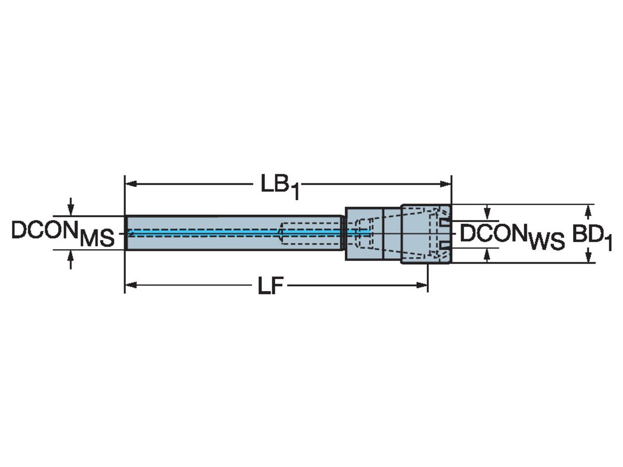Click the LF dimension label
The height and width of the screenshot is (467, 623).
[x=270, y=285]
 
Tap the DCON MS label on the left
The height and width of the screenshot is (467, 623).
[x=63, y=234]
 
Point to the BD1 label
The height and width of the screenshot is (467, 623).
[x=592, y=237]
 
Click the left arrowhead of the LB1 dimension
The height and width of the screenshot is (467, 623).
[x=131, y=184]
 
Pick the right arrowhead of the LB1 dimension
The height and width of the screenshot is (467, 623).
[x=445, y=184]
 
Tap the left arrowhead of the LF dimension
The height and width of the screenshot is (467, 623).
[x=131, y=285]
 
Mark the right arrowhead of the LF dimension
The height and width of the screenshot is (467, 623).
[x=422, y=285]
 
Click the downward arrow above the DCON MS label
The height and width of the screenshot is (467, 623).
[x=71, y=207]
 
